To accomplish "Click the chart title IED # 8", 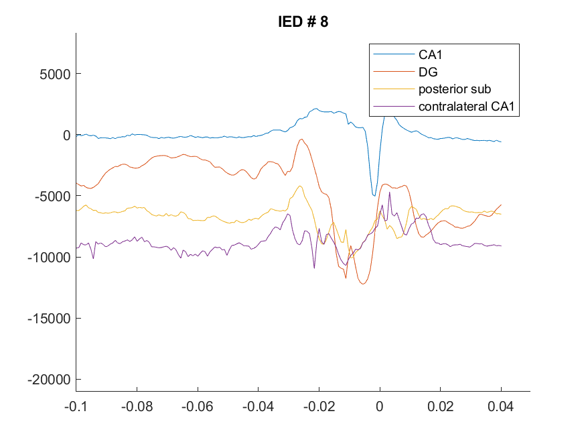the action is click(x=303, y=21).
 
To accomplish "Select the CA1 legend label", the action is click(x=430, y=54).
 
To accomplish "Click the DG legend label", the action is click(x=428, y=72).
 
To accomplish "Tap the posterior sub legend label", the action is click(x=455, y=89).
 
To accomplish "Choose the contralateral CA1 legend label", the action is click(x=466, y=106).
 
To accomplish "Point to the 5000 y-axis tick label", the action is click(x=55, y=74).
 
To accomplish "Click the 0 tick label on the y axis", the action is click(x=66, y=135).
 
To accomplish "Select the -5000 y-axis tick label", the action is click(x=52, y=196).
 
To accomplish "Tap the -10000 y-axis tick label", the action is click(x=49, y=258).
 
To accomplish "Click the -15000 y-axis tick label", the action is click(x=49, y=319).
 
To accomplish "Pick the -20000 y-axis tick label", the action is click(x=49, y=380).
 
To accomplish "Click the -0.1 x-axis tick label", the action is click(x=76, y=406).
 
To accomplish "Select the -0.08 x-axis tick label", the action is click(x=137, y=406).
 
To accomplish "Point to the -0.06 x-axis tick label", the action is click(x=198, y=406).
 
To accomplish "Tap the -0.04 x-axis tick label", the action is click(x=258, y=406).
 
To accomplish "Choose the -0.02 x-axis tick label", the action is click(x=319, y=406).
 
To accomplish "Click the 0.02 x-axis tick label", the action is click(x=440, y=406).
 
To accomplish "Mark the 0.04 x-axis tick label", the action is click(x=501, y=406).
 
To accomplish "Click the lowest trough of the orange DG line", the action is click(x=363, y=284).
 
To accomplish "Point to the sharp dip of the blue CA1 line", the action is click(x=374, y=195).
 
